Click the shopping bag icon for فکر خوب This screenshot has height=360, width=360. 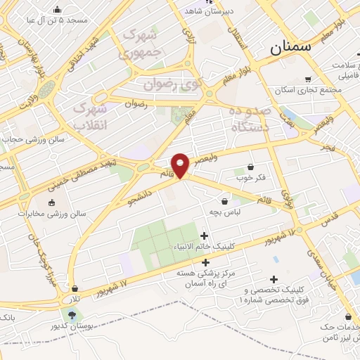[x=251, y=167]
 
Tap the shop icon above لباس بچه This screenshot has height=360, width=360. [x=225, y=200]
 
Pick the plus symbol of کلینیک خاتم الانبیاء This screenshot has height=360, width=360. [x=205, y=236]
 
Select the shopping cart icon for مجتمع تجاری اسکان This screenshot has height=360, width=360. [x=308, y=79]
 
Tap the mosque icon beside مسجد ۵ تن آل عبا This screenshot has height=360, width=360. [x=57, y=10]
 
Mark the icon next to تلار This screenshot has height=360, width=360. [x=75, y=288]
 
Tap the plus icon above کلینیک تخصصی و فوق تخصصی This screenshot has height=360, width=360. [x=274, y=279]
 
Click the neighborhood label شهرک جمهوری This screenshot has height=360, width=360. [x=138, y=43]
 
